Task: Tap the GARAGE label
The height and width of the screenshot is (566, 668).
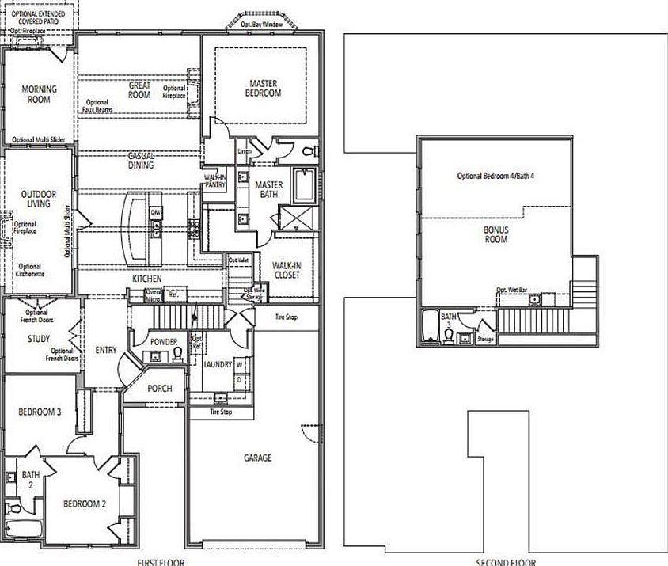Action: [x=257, y=458]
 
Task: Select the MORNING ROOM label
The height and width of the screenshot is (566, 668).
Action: [x=36, y=94]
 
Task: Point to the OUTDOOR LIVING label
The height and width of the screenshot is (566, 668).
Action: [x=36, y=198]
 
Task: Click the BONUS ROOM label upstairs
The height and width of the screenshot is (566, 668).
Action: [x=496, y=234]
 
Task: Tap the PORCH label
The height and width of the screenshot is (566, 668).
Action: [x=159, y=389]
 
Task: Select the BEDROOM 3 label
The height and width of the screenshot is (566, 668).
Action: [x=40, y=411]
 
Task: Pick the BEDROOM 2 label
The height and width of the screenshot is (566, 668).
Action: [x=85, y=504]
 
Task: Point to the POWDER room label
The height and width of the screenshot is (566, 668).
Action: [x=163, y=342]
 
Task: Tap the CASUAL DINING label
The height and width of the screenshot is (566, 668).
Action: [x=141, y=161]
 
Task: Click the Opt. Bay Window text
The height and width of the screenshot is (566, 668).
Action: [x=262, y=25]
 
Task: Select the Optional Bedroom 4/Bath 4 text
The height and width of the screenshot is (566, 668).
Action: [x=495, y=175]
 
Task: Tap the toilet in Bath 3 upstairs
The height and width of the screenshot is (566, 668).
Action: [x=449, y=336]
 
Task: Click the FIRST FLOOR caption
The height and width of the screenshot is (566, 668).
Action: [x=159, y=562]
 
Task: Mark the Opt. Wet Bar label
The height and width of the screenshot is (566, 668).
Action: [x=512, y=291]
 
